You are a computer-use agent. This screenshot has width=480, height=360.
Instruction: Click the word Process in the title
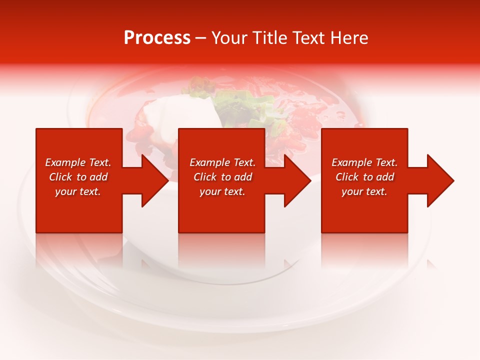157,38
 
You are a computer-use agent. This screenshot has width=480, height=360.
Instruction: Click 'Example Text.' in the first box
78,162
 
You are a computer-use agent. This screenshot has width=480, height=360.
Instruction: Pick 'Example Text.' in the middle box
222,162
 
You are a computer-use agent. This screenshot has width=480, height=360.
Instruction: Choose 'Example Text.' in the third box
364,162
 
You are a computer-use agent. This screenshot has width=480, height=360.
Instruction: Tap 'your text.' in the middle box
222,191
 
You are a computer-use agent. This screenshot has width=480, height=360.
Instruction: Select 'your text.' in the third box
364,191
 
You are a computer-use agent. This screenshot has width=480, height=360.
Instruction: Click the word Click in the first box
60,177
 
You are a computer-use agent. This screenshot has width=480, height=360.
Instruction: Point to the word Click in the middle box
205,177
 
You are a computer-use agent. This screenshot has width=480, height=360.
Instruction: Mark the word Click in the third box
347,177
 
